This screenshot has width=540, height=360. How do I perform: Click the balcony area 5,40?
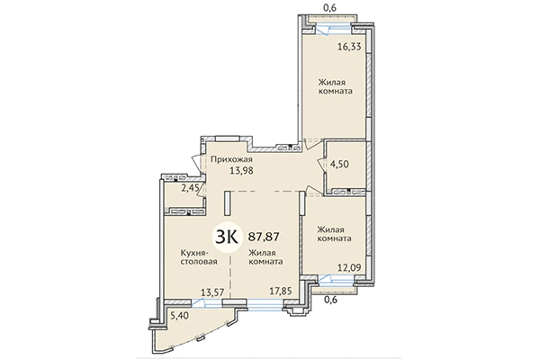[178, 317]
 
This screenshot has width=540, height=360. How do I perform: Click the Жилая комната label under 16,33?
[334, 85]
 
